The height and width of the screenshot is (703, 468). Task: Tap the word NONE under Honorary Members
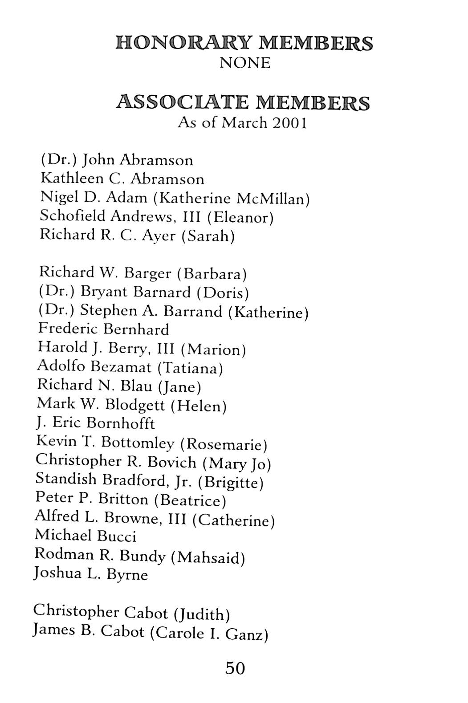pyautogui.click(x=245, y=63)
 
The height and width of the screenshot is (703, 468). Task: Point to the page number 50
pyautogui.click(x=235, y=668)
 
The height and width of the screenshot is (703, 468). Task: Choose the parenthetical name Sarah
pyautogui.click(x=208, y=236)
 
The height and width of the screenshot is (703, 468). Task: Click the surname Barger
pyautogui.click(x=148, y=273)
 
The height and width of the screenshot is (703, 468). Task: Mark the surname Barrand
pyautogui.click(x=193, y=311)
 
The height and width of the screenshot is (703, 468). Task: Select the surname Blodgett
pyautogui.click(x=137, y=405)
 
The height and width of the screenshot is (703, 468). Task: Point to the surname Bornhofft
pyautogui.click(x=121, y=423)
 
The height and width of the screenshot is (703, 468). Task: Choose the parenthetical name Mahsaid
pyautogui.click(x=211, y=557)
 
